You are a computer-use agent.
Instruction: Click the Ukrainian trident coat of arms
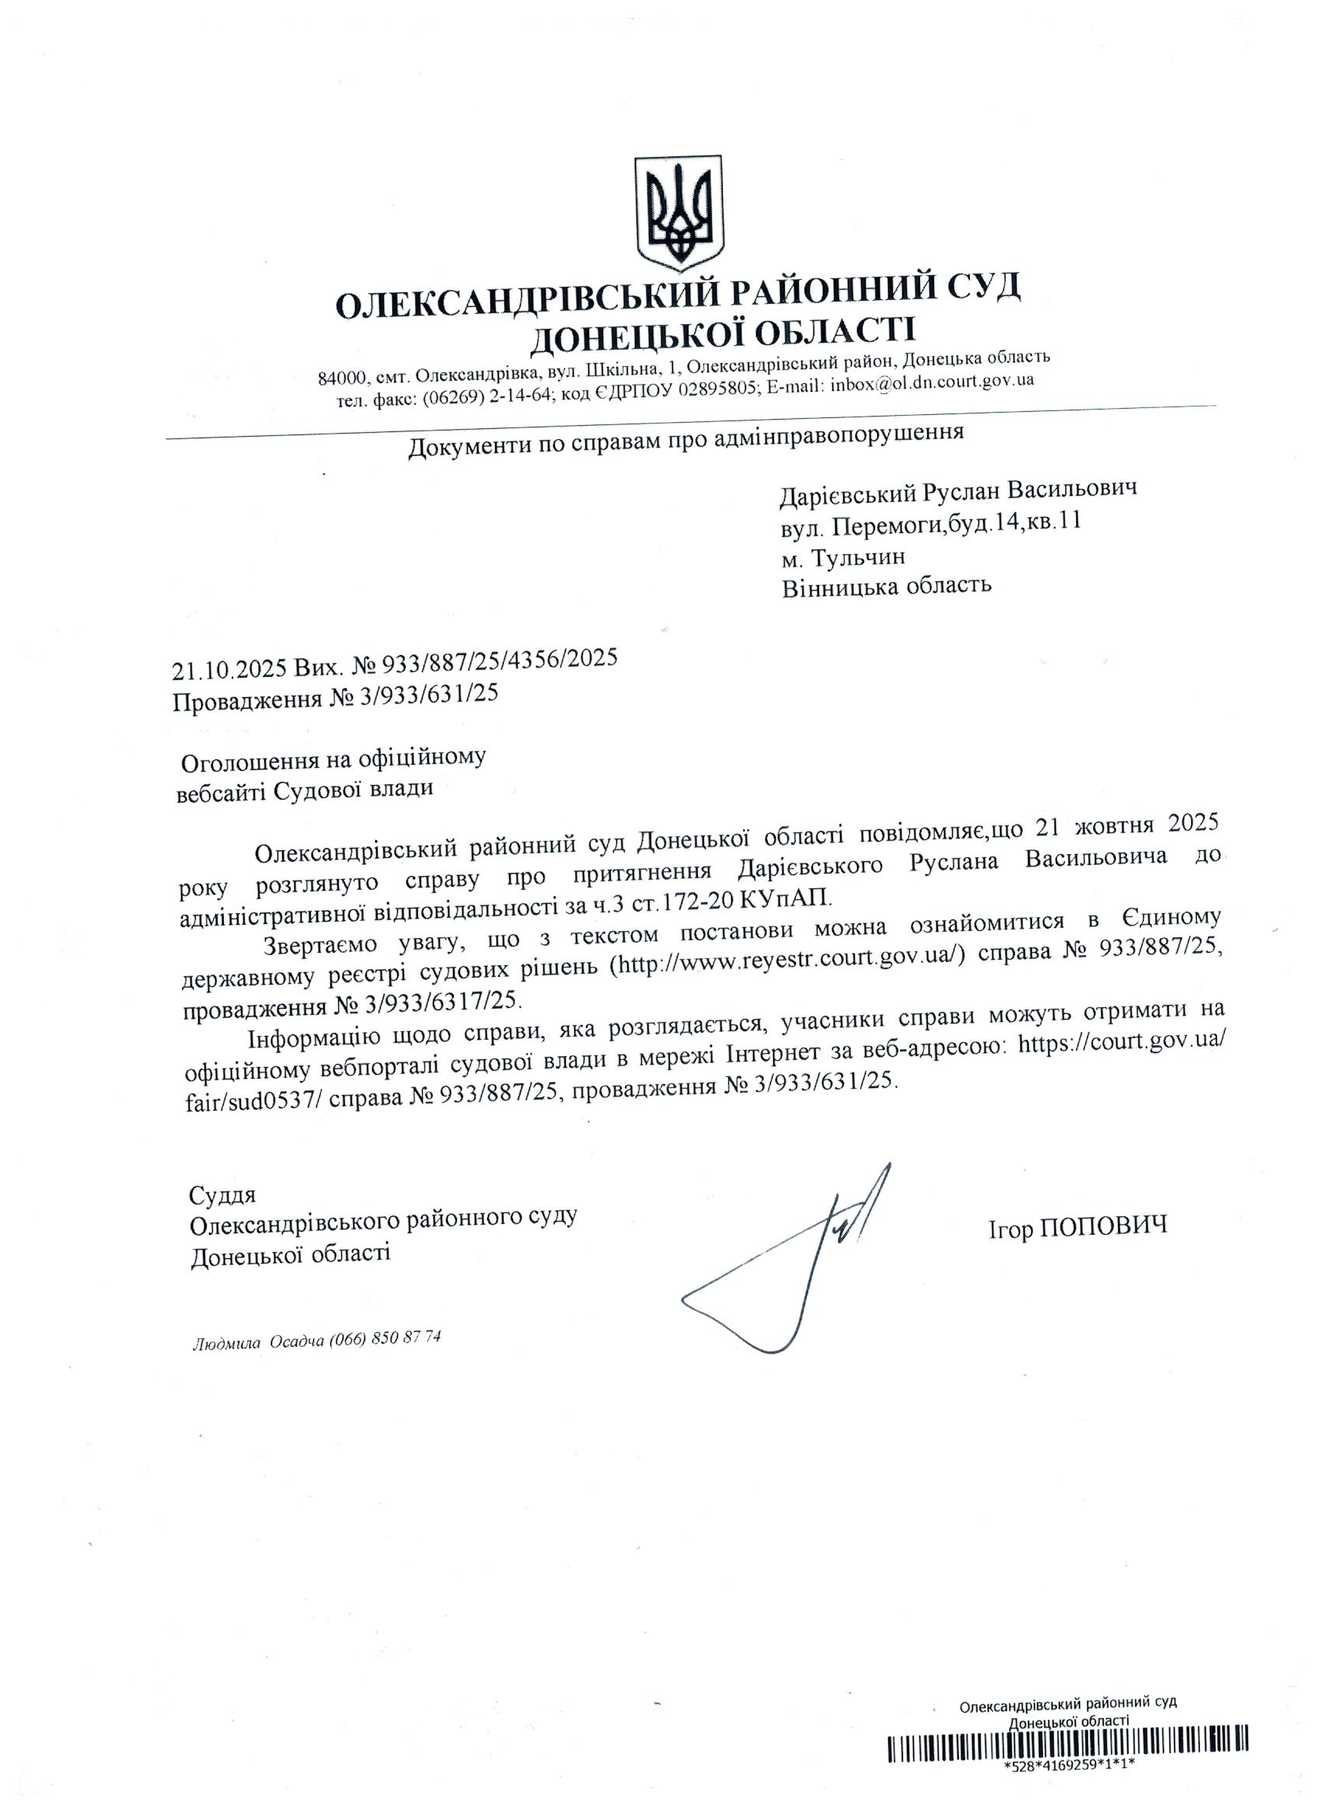pyautogui.click(x=678, y=213)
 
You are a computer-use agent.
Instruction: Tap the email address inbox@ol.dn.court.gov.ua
pyautogui.click(x=932, y=382)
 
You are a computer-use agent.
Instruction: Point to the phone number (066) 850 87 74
pyautogui.click(x=385, y=1339)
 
